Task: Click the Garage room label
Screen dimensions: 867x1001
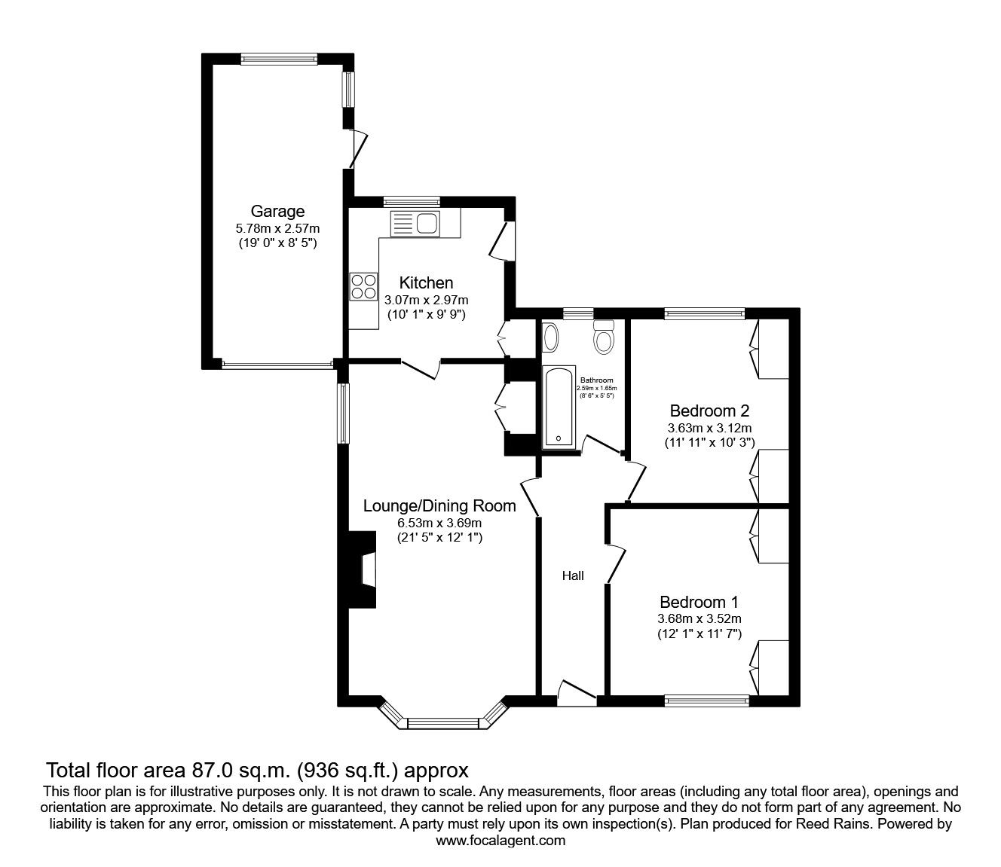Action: pyautogui.click(x=278, y=211)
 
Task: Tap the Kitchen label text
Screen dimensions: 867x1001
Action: pyautogui.click(x=426, y=282)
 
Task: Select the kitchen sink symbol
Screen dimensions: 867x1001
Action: pyautogui.click(x=414, y=224)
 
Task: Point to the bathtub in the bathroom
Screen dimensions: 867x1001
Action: pyautogui.click(x=559, y=408)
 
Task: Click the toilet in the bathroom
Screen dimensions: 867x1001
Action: pyautogui.click(x=604, y=338)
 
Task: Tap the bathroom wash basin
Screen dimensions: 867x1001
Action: pyautogui.click(x=551, y=337)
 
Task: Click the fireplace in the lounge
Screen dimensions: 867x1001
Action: pyautogui.click(x=363, y=569)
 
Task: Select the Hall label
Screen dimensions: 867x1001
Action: pyautogui.click(x=573, y=576)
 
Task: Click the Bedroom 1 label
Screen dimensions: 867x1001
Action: pyautogui.click(x=698, y=602)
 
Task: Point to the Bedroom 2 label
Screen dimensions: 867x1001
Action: pyautogui.click(x=709, y=411)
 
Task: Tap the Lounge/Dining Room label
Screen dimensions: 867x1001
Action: pyautogui.click(x=439, y=505)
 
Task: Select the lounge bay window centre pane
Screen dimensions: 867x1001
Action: pyautogui.click(x=442, y=724)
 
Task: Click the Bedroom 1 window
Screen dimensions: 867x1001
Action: pyautogui.click(x=706, y=701)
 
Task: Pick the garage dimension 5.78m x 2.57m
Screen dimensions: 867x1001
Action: pyautogui.click(x=278, y=228)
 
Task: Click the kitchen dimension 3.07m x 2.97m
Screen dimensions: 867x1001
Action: pyautogui.click(x=426, y=300)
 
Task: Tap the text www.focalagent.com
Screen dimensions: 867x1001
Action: pyautogui.click(x=501, y=841)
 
